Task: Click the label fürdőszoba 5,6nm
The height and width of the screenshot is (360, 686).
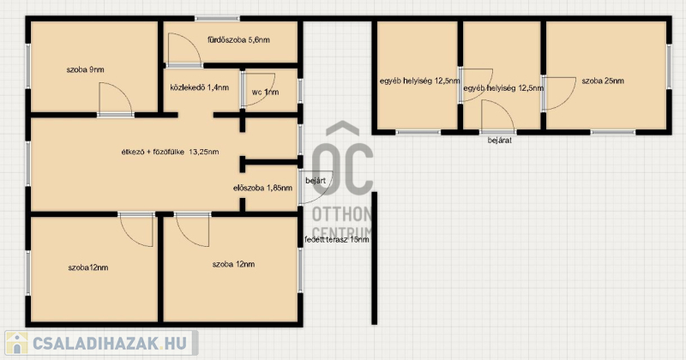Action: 238,39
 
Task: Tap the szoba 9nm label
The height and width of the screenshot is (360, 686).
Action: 85,69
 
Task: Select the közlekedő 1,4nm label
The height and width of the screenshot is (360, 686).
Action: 200,87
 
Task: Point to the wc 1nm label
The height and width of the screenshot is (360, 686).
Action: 265,92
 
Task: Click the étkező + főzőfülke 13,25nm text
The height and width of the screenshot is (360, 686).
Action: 170,152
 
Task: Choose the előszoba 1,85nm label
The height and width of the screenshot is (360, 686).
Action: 263,188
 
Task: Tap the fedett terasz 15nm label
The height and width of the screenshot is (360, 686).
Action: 336,239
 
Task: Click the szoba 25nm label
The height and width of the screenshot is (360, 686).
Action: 603,81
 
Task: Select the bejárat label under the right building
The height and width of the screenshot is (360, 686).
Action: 500,141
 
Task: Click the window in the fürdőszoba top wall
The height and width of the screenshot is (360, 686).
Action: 217,18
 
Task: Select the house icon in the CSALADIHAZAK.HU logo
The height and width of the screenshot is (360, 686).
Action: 16,343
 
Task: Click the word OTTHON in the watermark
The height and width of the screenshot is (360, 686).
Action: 341,214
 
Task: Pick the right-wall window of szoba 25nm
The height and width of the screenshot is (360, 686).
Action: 669,67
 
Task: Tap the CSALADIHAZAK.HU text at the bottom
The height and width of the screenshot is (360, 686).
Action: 110,343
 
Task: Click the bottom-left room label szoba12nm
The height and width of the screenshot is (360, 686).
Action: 88,267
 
